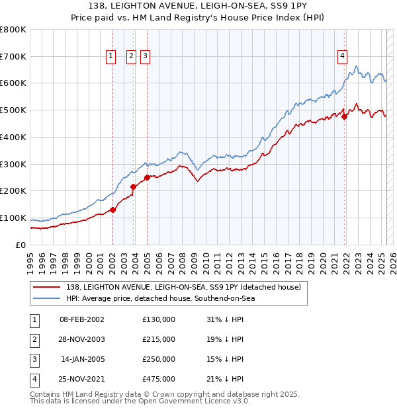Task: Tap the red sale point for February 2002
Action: (112, 210)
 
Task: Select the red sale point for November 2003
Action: (134, 186)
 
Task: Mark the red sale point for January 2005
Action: (147, 177)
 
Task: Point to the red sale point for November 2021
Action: (345, 116)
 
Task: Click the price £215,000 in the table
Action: (159, 339)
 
